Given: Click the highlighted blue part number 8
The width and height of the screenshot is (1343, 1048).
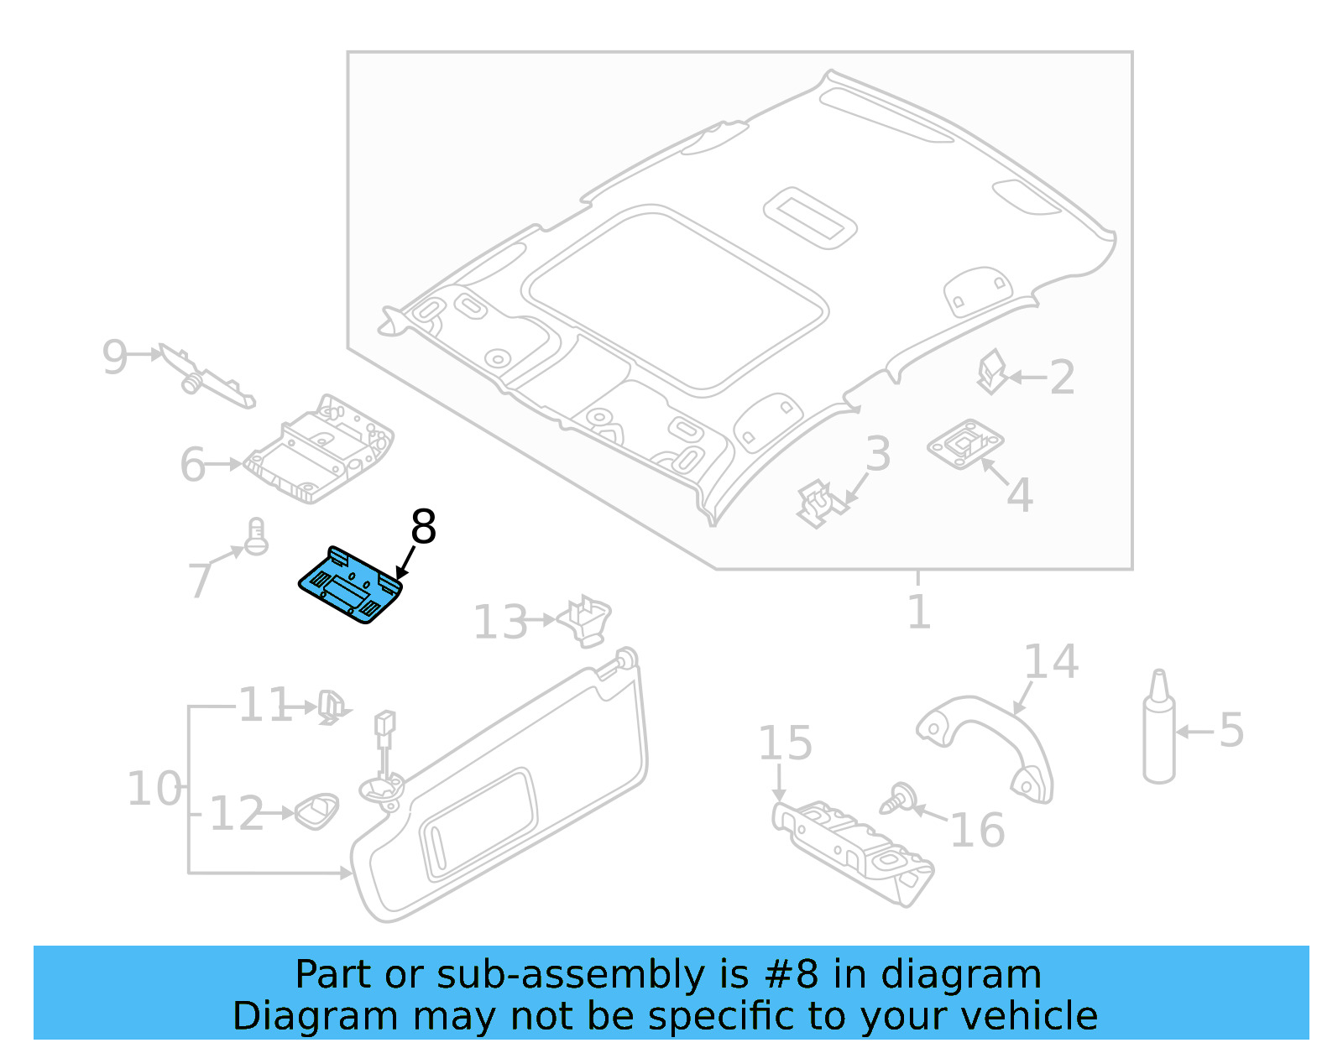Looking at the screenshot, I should tap(352, 585).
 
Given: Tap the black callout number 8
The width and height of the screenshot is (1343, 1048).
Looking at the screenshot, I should tap(423, 528).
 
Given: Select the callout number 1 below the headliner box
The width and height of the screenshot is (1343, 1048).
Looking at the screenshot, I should tap(919, 612).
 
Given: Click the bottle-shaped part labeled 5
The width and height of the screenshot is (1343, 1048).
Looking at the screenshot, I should tap(1159, 730).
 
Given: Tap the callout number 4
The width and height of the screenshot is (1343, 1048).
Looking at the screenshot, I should tap(1019, 495).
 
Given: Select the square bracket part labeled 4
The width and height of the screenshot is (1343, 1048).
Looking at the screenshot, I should tap(965, 443).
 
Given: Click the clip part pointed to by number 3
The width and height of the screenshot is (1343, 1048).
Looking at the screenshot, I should tap(818, 503).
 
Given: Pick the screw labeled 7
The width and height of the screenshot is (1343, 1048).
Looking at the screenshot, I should tap(256, 536).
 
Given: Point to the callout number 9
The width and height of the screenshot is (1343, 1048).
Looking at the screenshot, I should tap(114, 357).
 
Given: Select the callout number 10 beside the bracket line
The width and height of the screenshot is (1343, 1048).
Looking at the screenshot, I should tap(154, 789).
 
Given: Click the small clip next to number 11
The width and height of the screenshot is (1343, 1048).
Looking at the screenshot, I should tap(330, 707).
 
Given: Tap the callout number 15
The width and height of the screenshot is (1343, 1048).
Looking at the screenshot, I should tap(785, 743).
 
